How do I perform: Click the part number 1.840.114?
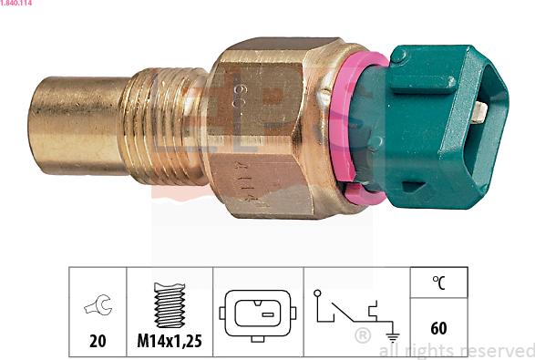click(x=18, y=5)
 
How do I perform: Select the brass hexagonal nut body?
click(x=273, y=128)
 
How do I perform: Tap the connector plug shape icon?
click(x=259, y=313)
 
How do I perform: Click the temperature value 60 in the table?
click(x=438, y=328)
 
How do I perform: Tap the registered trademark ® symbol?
click(x=362, y=336)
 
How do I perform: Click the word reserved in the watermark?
click(x=497, y=351)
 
